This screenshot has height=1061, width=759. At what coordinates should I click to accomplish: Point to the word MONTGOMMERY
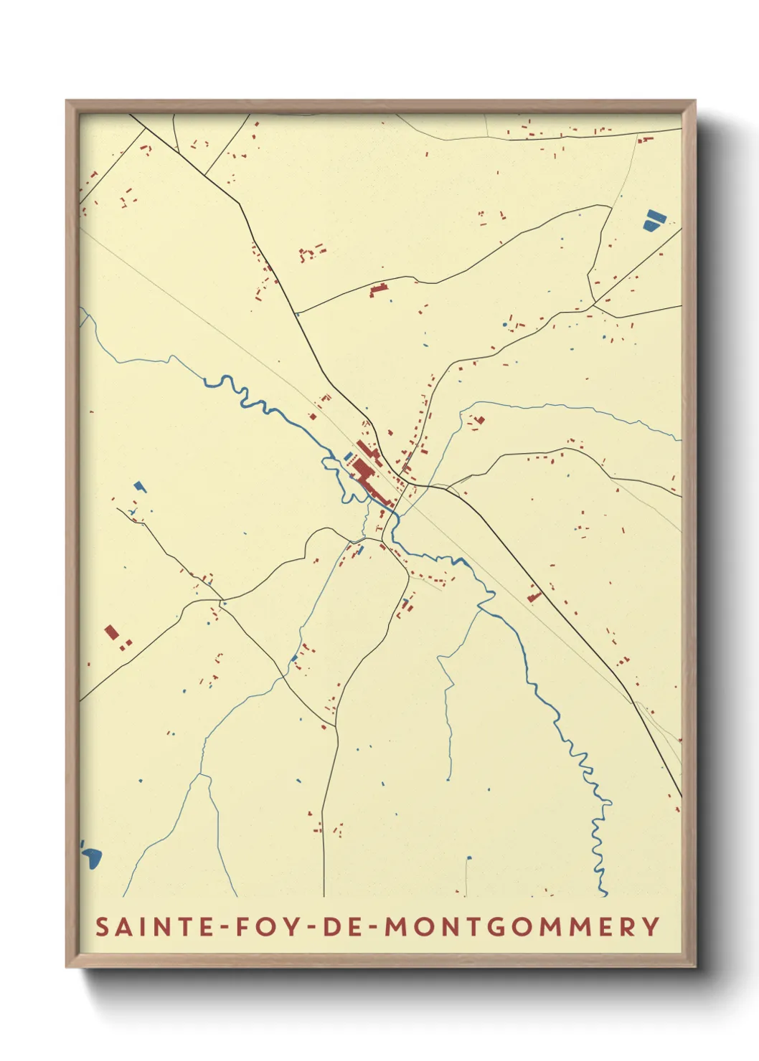point(522,926)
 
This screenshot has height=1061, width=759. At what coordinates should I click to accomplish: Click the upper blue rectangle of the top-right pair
point(654,215)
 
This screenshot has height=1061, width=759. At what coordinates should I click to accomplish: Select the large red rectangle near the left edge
point(111,632)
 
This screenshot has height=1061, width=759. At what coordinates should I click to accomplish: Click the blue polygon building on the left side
point(139,486)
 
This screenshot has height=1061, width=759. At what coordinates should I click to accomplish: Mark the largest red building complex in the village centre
point(362,472)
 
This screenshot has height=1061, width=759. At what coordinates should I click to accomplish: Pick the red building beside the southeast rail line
point(534,596)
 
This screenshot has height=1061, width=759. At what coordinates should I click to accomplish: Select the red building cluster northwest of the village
point(311,252)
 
